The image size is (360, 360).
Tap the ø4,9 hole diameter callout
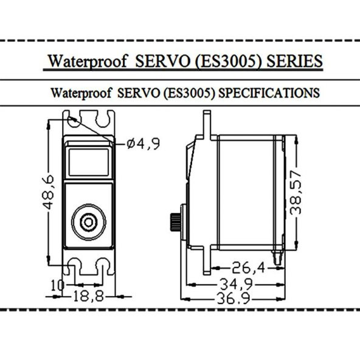pos(144,144)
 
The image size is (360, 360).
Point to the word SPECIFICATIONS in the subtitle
pos(268,93)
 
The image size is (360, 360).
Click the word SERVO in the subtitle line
pos(141,93)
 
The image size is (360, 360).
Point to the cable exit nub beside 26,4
pos(280,258)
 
